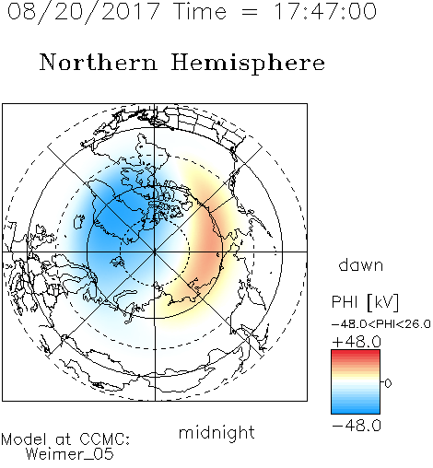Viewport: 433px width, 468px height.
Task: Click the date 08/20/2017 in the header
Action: tap(84, 12)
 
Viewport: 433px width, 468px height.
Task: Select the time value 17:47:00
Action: tap(325, 11)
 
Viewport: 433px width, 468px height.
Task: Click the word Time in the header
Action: tap(200, 11)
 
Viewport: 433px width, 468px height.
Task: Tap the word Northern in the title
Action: tap(99, 62)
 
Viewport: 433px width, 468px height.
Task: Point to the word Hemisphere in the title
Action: tap(248, 64)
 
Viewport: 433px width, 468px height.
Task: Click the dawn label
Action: tap(361, 264)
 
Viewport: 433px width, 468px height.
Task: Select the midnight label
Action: tap(216, 432)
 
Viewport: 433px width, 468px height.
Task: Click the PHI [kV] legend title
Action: tap(365, 302)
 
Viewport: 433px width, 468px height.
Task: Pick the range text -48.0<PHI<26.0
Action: tap(381, 324)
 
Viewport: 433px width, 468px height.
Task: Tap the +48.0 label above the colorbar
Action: tap(357, 342)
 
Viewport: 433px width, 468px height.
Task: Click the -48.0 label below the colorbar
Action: tap(357, 426)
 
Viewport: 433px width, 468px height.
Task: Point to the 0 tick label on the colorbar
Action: tap(388, 383)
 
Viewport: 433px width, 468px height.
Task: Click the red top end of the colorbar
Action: tap(356, 353)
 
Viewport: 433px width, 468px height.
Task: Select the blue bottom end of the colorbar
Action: tap(356, 411)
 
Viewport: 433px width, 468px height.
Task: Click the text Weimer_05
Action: tap(70, 454)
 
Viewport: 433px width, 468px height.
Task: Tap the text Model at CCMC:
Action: tap(65, 439)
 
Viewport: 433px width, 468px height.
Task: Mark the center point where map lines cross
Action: tap(155, 252)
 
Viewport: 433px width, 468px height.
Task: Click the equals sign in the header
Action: tap(250, 12)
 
